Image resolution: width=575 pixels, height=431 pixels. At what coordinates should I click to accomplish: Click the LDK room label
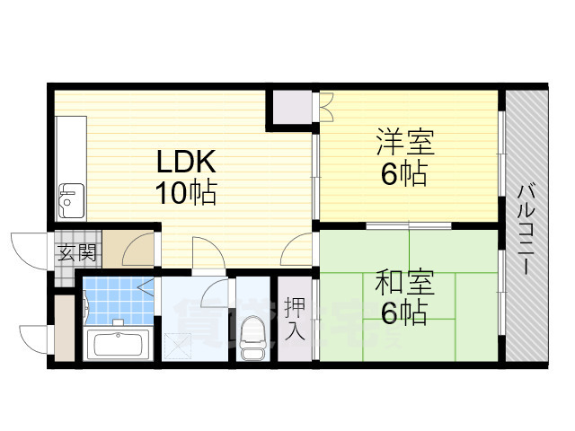click(x=186, y=163)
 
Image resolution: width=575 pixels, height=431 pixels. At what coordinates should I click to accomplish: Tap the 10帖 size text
click(x=186, y=193)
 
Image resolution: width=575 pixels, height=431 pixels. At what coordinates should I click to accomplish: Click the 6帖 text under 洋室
click(x=403, y=174)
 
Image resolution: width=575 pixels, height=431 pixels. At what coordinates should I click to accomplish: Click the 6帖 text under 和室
click(x=403, y=314)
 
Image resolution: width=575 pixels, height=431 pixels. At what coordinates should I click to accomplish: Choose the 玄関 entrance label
click(x=76, y=251)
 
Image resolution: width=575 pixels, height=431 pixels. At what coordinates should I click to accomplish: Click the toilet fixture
click(x=252, y=340)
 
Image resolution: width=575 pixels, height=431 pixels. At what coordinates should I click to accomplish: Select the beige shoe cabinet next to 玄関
click(x=137, y=250)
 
